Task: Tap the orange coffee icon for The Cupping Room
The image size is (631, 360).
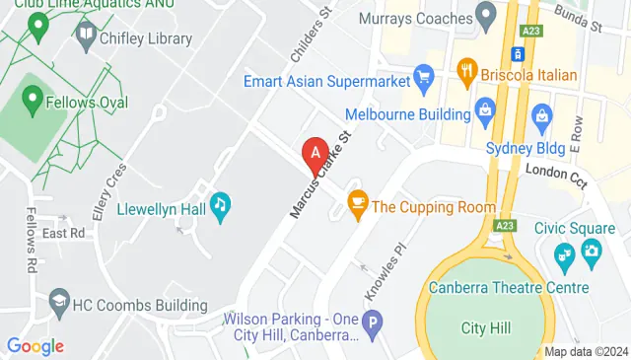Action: pyautogui.click(x=357, y=207)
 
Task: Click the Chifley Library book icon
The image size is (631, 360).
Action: pyautogui.click(x=84, y=37)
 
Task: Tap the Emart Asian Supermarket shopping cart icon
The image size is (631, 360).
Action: pyautogui.click(x=424, y=74)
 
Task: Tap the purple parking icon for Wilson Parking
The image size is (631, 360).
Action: pyautogui.click(x=373, y=322)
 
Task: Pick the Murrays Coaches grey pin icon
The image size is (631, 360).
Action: pyautogui.click(x=485, y=15)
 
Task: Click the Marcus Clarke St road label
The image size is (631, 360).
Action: pyautogui.click(x=320, y=175)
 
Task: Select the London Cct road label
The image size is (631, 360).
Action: pyautogui.click(x=556, y=172)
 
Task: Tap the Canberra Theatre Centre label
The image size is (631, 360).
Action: pyautogui.click(x=509, y=287)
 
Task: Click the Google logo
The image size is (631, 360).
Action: pyautogui.click(x=35, y=345)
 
